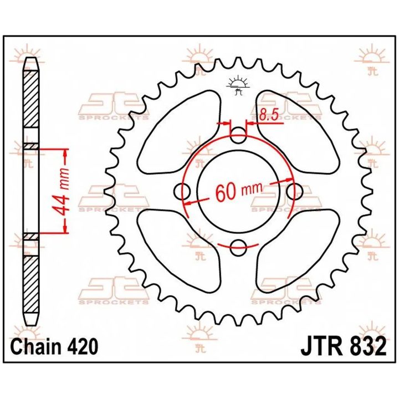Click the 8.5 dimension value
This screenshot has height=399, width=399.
pos(269,115)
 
